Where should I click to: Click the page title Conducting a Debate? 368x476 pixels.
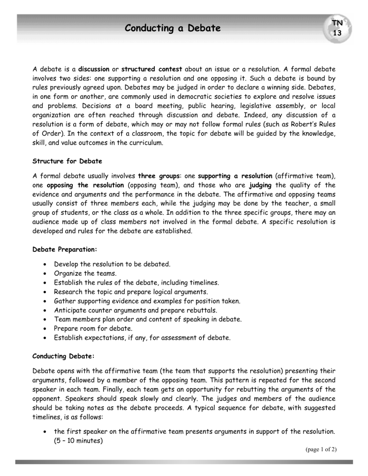click(x=172, y=29)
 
